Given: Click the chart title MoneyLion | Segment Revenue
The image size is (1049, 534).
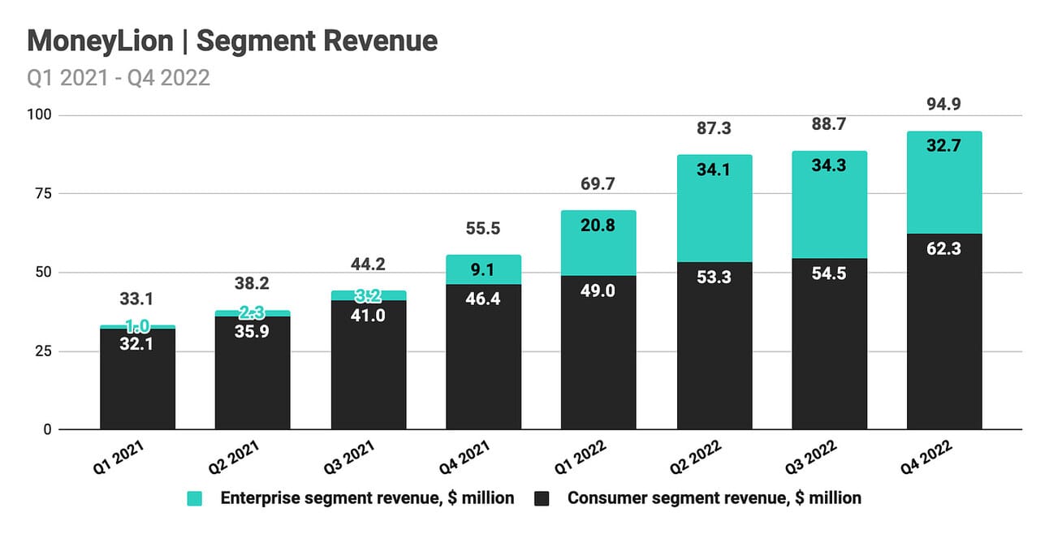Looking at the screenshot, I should pyautogui.click(x=232, y=40).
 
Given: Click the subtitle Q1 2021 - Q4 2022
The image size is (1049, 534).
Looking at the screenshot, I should pyautogui.click(x=119, y=78).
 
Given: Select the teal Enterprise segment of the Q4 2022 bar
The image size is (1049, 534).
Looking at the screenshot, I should pyautogui.click(x=944, y=183).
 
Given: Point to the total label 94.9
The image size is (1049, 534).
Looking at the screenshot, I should pyautogui.click(x=944, y=105).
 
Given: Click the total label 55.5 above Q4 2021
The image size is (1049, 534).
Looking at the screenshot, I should pyautogui.click(x=483, y=229).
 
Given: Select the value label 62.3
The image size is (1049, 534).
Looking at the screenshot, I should pyautogui.click(x=944, y=248).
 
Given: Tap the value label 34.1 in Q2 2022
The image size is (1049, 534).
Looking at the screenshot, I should pyautogui.click(x=714, y=170).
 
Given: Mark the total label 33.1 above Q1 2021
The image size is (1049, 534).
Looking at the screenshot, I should pyautogui.click(x=137, y=299).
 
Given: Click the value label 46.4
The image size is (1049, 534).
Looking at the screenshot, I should pyautogui.click(x=483, y=299).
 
